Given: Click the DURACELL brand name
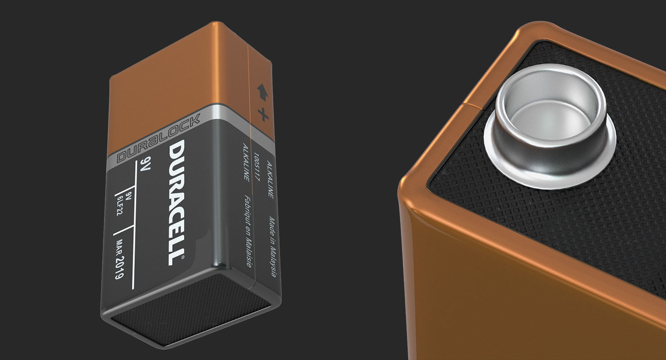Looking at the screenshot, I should click(x=176, y=202).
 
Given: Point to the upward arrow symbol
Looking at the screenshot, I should click(x=262, y=92).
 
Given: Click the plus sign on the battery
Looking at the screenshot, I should click(x=263, y=114).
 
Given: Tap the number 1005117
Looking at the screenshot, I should click(x=257, y=164).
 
